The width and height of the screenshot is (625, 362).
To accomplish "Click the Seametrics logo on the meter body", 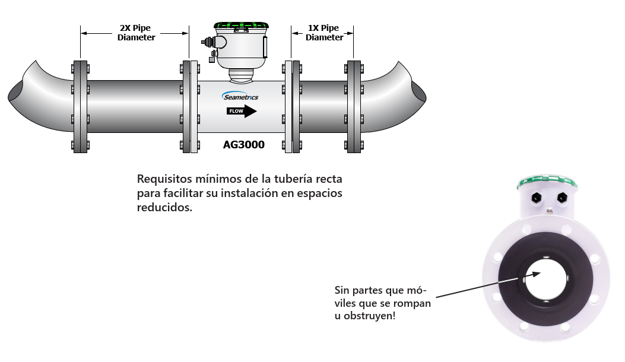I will (x=240, y=97).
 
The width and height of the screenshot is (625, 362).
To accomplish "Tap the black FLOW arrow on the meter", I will (x=242, y=111).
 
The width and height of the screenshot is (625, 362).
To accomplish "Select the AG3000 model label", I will (x=243, y=144).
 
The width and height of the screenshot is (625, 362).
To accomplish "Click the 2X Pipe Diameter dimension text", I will (x=136, y=33).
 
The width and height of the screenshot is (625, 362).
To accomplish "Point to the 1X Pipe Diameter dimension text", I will (x=323, y=33).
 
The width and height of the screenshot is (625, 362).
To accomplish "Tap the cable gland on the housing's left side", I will (x=208, y=43).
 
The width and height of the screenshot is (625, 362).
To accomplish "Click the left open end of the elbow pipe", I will (x=16, y=94).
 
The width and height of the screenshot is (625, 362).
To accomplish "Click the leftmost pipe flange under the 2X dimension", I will (x=81, y=106).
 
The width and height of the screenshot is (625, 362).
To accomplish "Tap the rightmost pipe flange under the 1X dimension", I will (x=354, y=106).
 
